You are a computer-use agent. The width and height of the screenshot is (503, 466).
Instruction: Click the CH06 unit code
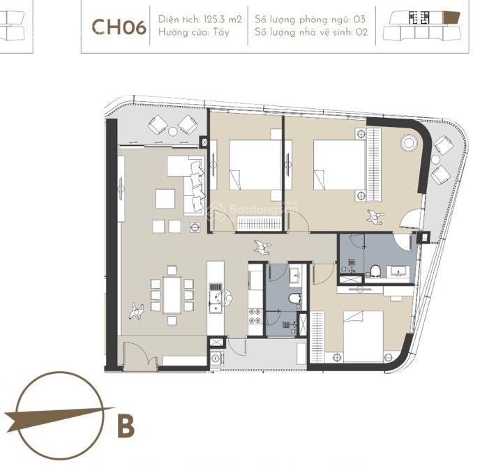coord(119,27)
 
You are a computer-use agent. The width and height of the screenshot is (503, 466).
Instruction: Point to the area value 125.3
coord(215,20)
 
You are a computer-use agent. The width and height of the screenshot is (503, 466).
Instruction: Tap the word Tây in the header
coord(221,32)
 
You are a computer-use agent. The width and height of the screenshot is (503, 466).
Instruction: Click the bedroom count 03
coord(359,20)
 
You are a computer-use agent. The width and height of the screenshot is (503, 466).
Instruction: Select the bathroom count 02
coord(361,32)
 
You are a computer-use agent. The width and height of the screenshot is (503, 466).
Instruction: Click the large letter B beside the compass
coord(126,426)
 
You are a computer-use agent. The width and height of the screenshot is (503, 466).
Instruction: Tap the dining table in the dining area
coord(172,295)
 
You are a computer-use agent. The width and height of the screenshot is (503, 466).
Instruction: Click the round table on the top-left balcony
coord(172,131)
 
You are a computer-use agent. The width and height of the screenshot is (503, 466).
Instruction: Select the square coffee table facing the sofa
coord(165,199)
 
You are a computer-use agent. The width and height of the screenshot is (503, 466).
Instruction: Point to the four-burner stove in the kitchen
coord(255,315)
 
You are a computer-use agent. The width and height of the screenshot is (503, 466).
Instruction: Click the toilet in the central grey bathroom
coord(295,299)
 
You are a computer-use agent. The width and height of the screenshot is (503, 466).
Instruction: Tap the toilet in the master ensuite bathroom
coord(375,271)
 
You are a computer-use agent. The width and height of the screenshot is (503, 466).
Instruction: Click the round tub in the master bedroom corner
coord(409,143)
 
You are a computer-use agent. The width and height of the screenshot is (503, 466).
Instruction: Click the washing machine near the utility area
coord(216,358)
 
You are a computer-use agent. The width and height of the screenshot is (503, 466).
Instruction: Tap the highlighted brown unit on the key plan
coord(451,17)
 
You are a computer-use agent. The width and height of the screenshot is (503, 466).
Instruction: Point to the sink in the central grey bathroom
coord(296,275)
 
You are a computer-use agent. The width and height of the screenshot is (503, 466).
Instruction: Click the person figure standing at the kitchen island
coord(227,297)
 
